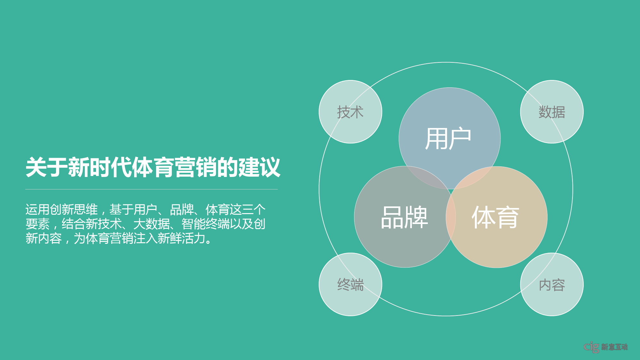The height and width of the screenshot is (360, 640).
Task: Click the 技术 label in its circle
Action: point(350,112)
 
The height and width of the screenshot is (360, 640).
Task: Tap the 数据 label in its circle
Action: point(552,112)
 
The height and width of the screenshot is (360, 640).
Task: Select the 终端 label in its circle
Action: point(350,284)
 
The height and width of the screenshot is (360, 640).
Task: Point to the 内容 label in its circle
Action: point(552,284)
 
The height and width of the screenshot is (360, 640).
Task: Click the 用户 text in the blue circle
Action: point(448,139)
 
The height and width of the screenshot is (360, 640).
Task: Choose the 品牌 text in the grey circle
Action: point(404,217)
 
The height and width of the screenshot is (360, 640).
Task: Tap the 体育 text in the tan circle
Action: point(495,217)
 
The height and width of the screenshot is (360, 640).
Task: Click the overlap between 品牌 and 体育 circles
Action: point(451,217)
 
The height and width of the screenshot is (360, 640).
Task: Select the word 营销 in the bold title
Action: point(196,167)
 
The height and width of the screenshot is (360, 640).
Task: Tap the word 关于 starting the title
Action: point(47,167)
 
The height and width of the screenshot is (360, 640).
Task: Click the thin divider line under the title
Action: point(151,189)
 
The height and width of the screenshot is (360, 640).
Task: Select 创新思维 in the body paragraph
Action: point(74,210)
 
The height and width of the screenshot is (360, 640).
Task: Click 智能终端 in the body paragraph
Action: point(205,224)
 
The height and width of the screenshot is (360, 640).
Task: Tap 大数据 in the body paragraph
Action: point(151,224)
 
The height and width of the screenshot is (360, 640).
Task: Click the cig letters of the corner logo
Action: point(591,347)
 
